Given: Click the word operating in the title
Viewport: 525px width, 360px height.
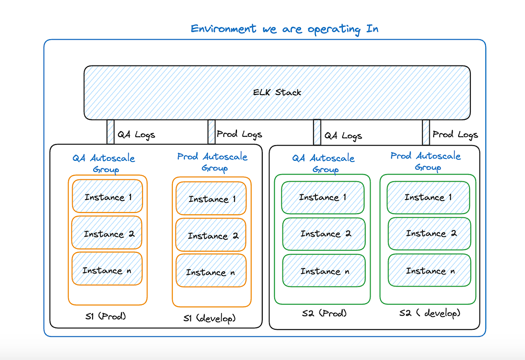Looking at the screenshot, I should [x=334, y=29].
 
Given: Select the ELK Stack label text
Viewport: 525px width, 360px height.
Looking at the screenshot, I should [x=277, y=92].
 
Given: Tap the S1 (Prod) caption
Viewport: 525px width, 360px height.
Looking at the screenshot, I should [x=106, y=316].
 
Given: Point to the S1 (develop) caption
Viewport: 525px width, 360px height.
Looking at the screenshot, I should [x=209, y=318].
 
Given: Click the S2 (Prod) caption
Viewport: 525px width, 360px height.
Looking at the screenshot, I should [x=324, y=313].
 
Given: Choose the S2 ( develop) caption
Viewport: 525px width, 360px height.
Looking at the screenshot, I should [x=430, y=313].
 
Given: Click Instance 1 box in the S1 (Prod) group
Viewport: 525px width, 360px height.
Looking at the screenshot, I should [x=107, y=196].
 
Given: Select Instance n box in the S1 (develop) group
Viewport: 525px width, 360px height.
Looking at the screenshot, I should [x=211, y=271].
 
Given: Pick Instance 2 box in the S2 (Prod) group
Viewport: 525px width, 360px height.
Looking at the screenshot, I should [x=324, y=234].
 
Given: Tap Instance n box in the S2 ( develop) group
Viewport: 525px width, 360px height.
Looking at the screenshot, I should [x=430, y=270].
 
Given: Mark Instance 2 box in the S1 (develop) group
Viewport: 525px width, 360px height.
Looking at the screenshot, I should [x=211, y=235].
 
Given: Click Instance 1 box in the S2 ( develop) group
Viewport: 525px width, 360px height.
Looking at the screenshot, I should [x=428, y=198].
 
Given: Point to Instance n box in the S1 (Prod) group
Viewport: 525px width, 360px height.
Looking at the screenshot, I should [x=107, y=269].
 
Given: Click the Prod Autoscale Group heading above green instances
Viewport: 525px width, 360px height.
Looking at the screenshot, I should [x=426, y=161].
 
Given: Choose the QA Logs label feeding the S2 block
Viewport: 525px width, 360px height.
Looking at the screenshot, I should [x=343, y=136].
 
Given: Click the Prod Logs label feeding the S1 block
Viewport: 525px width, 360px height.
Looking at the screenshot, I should [x=239, y=134].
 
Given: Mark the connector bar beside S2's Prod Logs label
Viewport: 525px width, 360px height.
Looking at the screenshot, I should [x=426, y=132].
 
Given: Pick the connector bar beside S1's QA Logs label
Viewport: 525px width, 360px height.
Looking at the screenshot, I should [x=111, y=132].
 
